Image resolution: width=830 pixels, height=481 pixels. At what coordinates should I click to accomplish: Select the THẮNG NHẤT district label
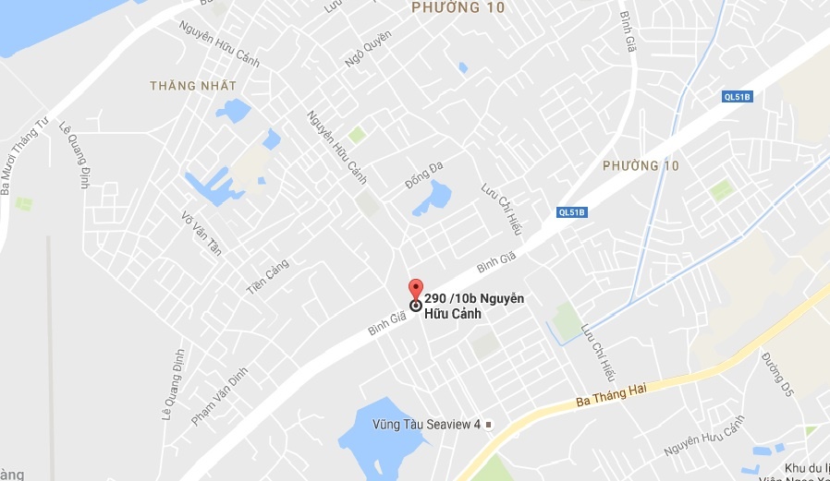(194, 86)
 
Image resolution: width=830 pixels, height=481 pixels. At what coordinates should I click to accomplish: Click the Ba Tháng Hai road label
(610, 392)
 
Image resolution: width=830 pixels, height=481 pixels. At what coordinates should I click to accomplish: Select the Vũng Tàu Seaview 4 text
(427, 425)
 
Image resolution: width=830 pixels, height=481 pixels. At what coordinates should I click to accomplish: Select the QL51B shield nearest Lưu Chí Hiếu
(572, 212)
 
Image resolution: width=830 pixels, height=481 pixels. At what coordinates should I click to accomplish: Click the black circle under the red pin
(416, 305)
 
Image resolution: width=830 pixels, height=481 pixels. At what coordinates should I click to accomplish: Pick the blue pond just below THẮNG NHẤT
(234, 111)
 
